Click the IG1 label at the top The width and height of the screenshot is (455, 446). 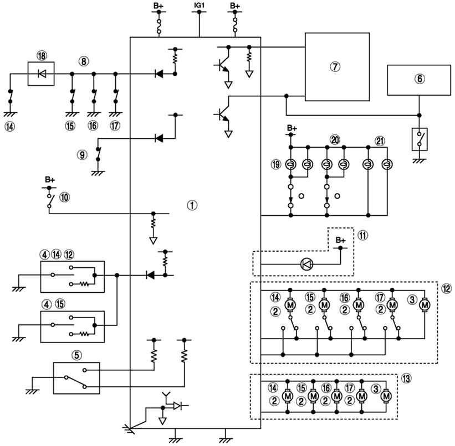tap(200, 5)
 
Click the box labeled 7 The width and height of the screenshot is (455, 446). tap(337, 66)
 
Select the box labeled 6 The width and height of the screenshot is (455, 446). tap(419, 80)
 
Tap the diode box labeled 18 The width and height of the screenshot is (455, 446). tap(41, 74)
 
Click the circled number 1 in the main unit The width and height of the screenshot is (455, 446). tap(192, 205)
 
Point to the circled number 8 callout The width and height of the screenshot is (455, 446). tap(84, 61)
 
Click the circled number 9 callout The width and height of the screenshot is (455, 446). tap(82, 155)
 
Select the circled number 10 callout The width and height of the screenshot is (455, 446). tap(64, 198)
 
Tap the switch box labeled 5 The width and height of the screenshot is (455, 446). tap(76, 378)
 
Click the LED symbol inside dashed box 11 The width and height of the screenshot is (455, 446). tap(306, 265)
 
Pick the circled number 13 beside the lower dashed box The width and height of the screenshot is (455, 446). tap(407, 378)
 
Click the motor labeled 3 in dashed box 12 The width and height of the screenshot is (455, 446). tap(425, 305)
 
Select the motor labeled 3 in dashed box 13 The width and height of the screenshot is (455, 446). tap(386, 396)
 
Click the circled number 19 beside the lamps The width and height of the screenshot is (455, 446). tap(275, 164)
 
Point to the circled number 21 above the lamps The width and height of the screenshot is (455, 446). tap(380, 141)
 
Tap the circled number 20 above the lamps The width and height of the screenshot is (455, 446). tap(335, 140)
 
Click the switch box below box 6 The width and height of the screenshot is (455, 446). tap(420, 139)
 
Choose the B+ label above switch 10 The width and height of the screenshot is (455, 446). tap(50, 179)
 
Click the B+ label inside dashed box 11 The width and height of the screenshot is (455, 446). tap(341, 240)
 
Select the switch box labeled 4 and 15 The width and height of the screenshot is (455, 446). tap(73, 326)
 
